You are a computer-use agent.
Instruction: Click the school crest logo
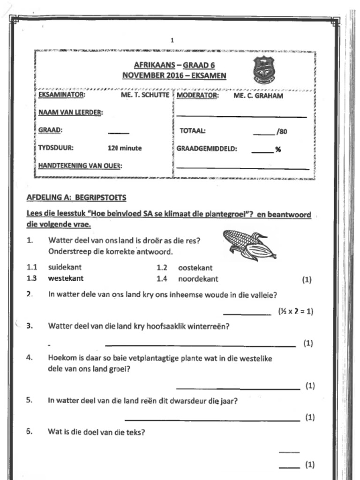(x=263, y=69)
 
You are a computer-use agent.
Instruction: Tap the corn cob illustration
(x=249, y=245)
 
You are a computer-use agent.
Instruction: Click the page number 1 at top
(x=172, y=40)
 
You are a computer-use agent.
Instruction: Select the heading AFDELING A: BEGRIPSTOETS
(x=76, y=197)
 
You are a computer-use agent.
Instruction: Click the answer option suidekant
(x=65, y=267)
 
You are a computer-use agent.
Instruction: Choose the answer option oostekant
(x=195, y=268)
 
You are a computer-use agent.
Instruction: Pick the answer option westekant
(x=66, y=278)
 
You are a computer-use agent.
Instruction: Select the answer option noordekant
(x=198, y=279)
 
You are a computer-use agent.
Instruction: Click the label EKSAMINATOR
(x=61, y=95)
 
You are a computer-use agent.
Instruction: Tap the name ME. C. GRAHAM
(x=258, y=96)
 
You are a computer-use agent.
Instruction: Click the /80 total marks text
(x=282, y=132)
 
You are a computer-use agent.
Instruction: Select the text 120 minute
(x=125, y=148)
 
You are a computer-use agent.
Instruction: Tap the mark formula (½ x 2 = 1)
(x=295, y=311)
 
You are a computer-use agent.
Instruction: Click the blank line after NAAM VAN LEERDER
(x=241, y=116)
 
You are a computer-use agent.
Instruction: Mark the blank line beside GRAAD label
(x=119, y=133)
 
